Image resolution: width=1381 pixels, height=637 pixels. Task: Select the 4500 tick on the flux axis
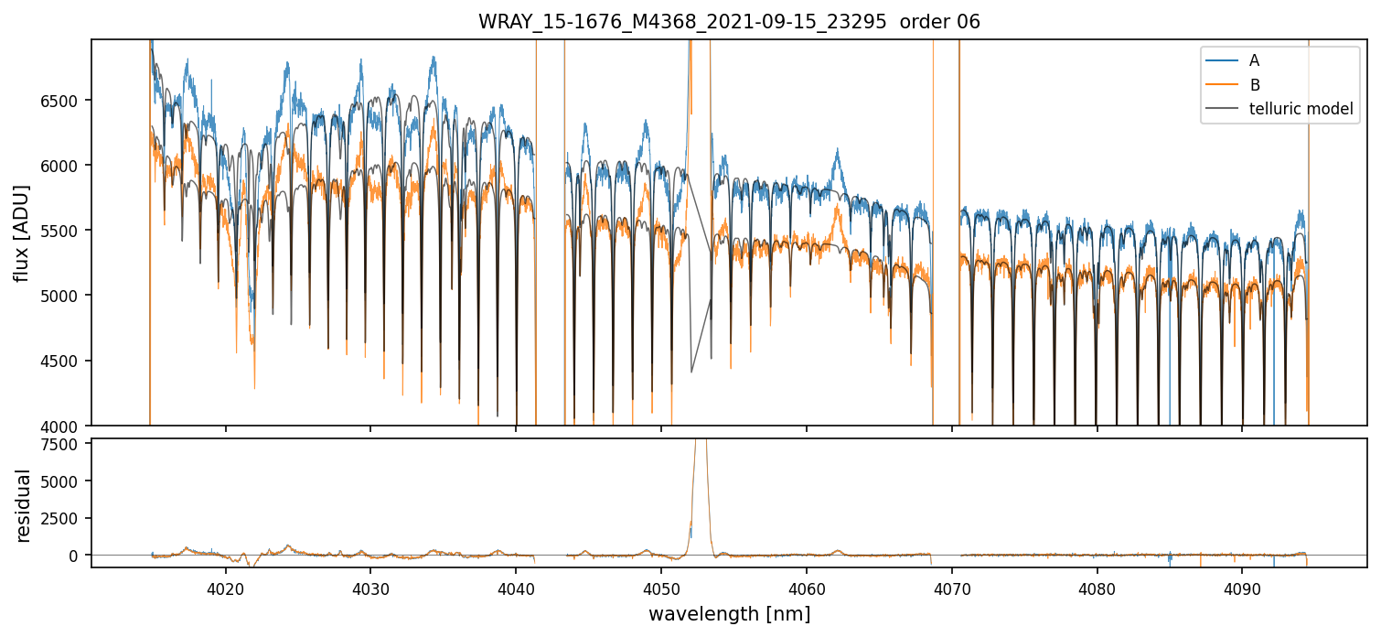pos(66,361)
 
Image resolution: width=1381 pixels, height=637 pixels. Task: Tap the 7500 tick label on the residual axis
pos(66,445)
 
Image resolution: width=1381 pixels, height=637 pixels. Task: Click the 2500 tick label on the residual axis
pos(66,518)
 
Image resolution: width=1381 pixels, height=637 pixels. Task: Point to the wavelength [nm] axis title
pos(729,614)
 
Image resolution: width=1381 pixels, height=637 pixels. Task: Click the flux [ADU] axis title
pos(23,232)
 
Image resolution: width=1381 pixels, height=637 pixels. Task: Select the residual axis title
pos(23,505)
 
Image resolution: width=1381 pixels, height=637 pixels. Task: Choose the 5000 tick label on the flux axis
pos(66,296)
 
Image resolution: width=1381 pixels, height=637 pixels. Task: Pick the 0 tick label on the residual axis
pos(79,556)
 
